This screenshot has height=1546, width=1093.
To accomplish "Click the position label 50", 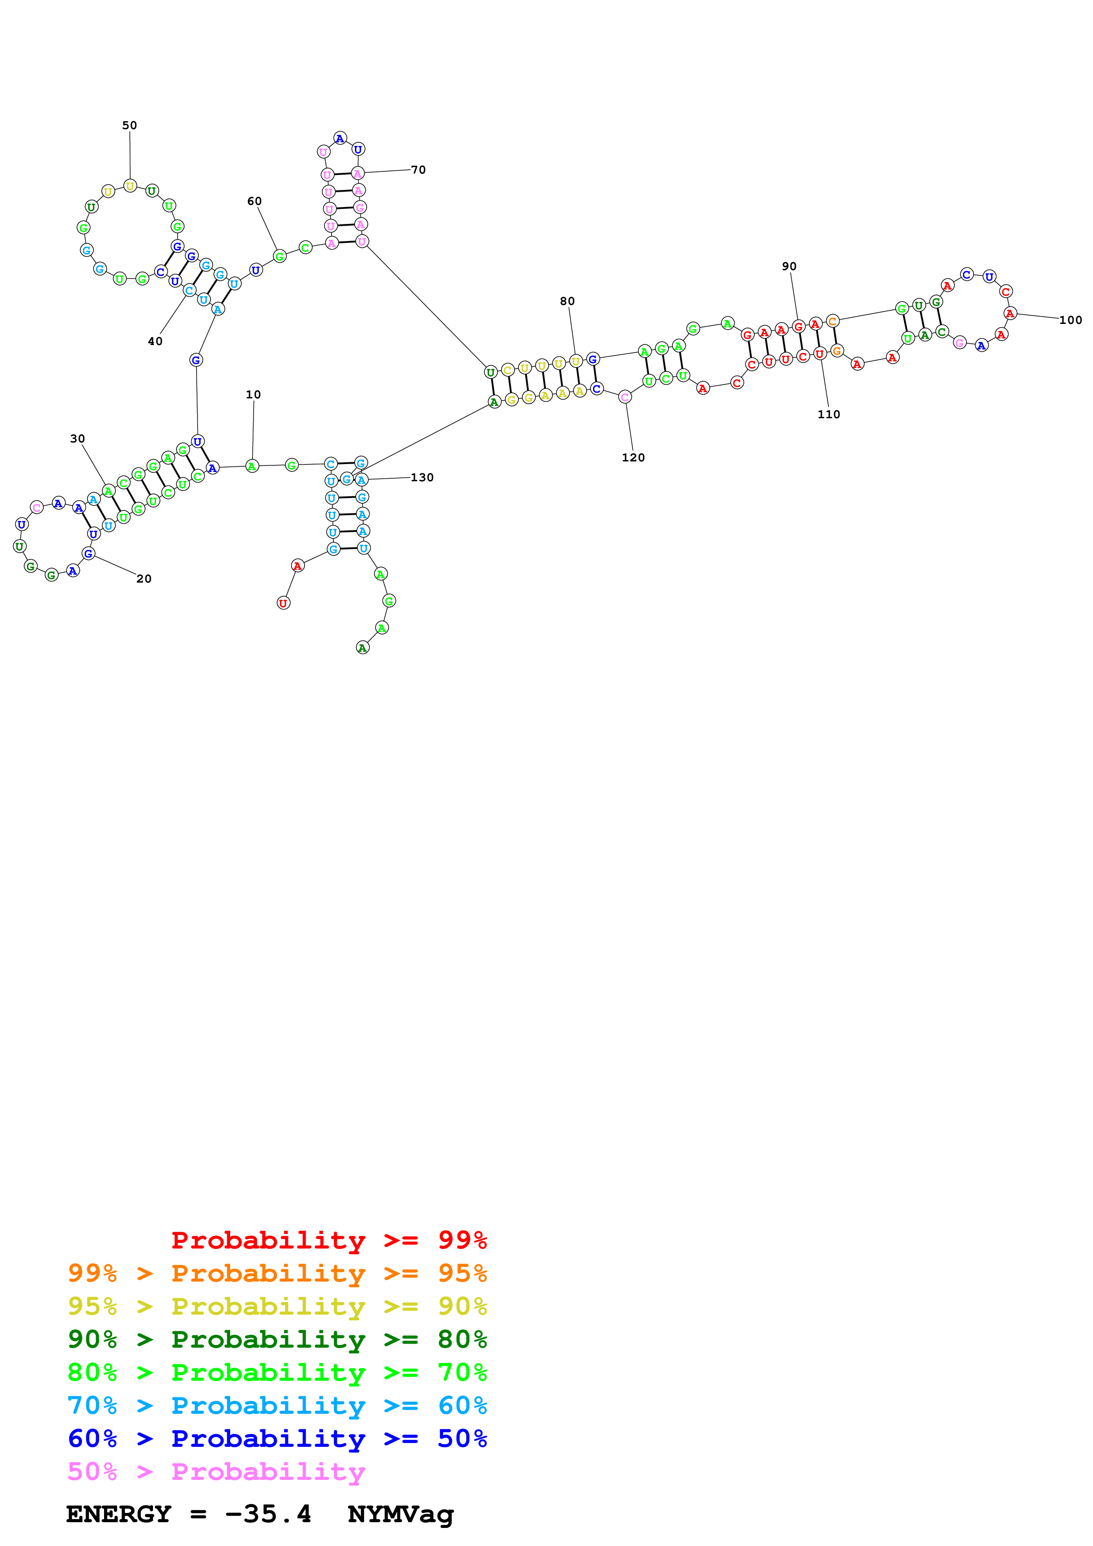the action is click(x=129, y=125).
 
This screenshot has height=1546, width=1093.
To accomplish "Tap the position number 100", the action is click(x=1070, y=320).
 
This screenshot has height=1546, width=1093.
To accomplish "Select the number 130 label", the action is click(x=422, y=477).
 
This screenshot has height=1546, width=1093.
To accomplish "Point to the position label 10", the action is click(x=253, y=394).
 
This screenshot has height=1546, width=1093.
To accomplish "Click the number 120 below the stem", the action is click(x=633, y=457).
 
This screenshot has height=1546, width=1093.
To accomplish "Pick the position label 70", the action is click(x=418, y=170).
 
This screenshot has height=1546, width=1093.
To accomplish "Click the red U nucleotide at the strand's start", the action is click(x=284, y=603).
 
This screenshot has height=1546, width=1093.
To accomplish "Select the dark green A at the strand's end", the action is click(x=362, y=648).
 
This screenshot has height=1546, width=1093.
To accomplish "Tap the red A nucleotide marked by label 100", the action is click(x=1010, y=313).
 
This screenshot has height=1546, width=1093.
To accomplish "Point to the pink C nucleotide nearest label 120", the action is click(x=625, y=397).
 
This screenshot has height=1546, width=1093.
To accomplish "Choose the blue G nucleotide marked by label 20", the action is click(x=88, y=554).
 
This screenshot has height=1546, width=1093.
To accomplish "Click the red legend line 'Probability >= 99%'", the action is click(x=328, y=1240).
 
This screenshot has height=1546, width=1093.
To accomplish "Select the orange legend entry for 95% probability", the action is click(x=277, y=1273).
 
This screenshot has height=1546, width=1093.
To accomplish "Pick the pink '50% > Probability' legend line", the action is click(x=216, y=1471).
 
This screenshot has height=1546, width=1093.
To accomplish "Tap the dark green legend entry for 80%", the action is click(x=277, y=1339).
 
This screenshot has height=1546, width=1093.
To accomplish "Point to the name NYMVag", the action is click(x=401, y=1514).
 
